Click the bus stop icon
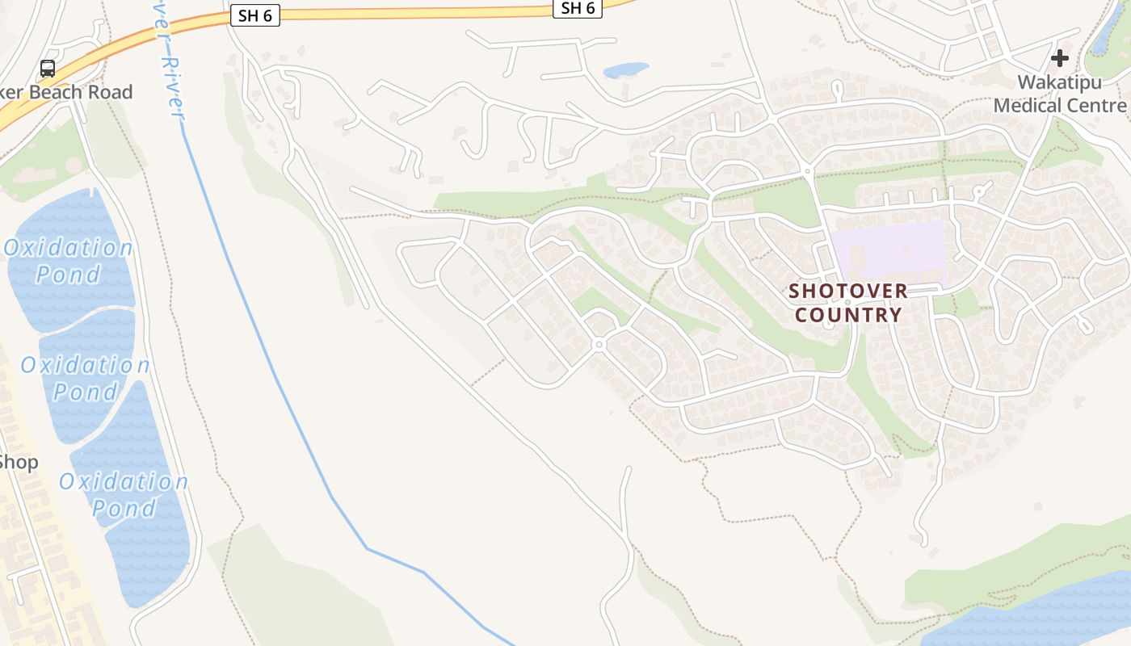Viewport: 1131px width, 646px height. (x=48, y=69)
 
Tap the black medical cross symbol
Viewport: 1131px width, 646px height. (x=1059, y=58)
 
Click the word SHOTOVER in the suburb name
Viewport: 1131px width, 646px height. (x=847, y=291)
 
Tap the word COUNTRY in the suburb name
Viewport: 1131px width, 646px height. (x=847, y=315)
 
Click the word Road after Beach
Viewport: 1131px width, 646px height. (x=111, y=92)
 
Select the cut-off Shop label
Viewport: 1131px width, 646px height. (x=18, y=463)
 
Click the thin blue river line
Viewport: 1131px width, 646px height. (x=275, y=371)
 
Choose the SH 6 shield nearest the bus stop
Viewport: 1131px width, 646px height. (x=255, y=15)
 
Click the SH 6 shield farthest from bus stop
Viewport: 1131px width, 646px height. (x=578, y=8)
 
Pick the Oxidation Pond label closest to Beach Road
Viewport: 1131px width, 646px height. (x=69, y=260)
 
